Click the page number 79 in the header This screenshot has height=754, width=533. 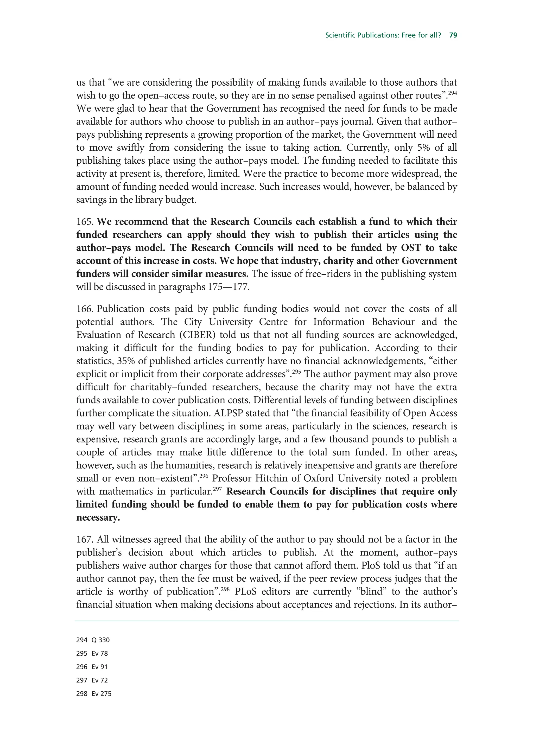453,35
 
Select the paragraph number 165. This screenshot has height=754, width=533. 85,222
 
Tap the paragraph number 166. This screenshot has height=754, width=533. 85,309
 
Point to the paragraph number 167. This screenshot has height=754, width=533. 85,540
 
